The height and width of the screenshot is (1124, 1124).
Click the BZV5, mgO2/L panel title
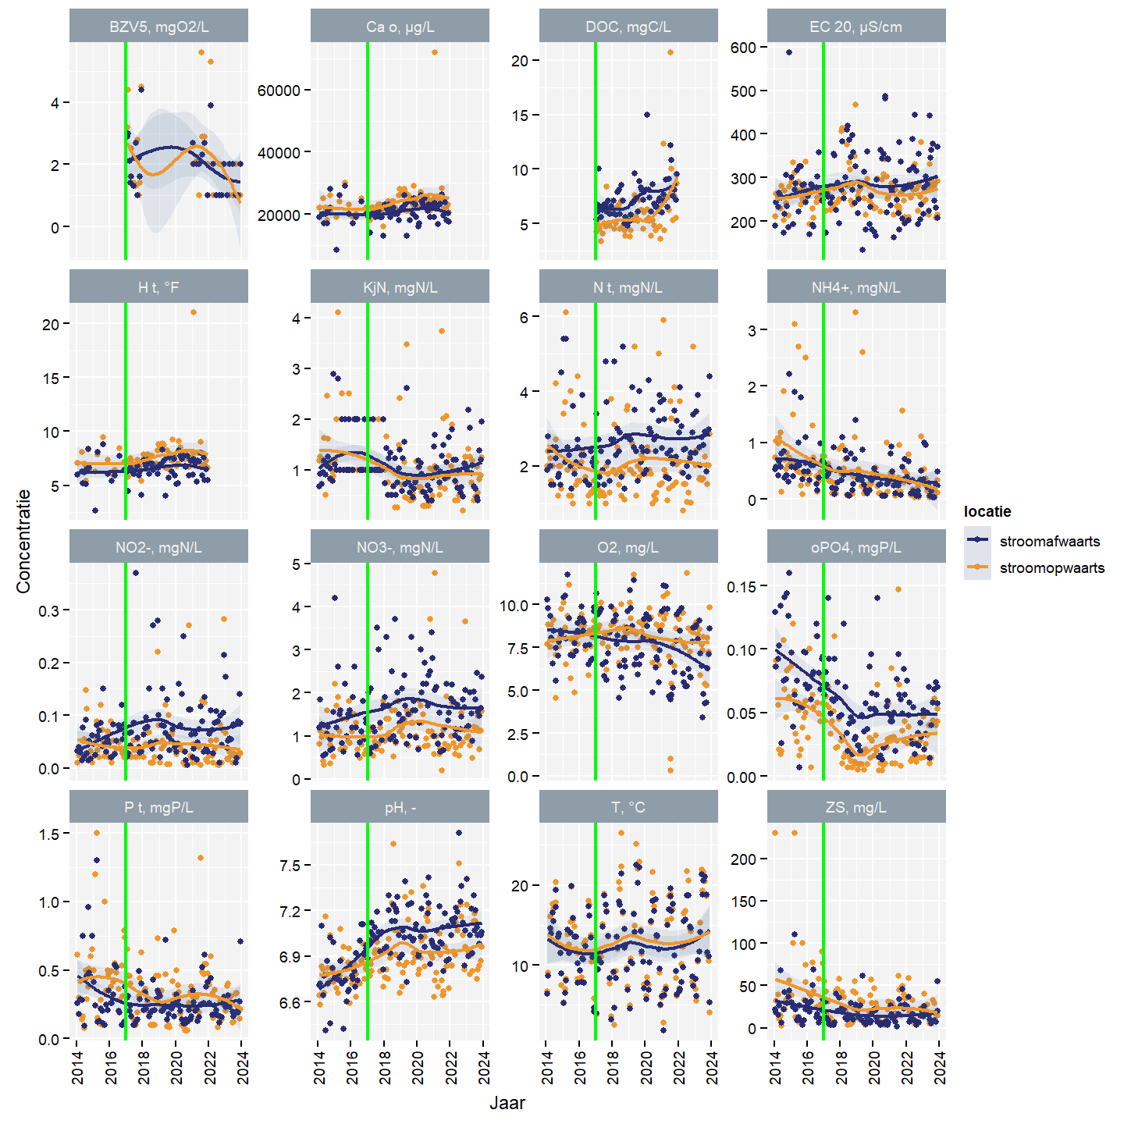click(158, 27)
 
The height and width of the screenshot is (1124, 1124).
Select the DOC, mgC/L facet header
click(628, 27)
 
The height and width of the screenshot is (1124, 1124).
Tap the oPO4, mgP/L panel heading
click(855, 547)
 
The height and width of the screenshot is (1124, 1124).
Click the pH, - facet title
click(400, 807)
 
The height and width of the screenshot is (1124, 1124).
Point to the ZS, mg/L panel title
click(855, 807)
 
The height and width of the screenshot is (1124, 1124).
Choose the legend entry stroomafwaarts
click(1049, 541)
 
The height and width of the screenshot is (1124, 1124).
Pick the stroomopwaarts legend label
click(1051, 567)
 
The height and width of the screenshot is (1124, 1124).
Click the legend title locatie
click(987, 511)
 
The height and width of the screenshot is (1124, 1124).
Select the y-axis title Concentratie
click(23, 541)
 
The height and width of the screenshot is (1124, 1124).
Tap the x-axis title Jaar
click(507, 1103)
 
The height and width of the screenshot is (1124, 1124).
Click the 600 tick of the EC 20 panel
click(743, 48)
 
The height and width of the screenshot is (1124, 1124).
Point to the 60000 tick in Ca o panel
click(279, 91)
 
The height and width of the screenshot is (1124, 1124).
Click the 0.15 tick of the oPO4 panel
click(742, 586)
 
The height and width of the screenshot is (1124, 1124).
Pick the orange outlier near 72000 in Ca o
click(435, 52)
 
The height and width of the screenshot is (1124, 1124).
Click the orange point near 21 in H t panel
click(194, 312)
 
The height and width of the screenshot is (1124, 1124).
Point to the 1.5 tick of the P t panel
click(49, 834)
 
